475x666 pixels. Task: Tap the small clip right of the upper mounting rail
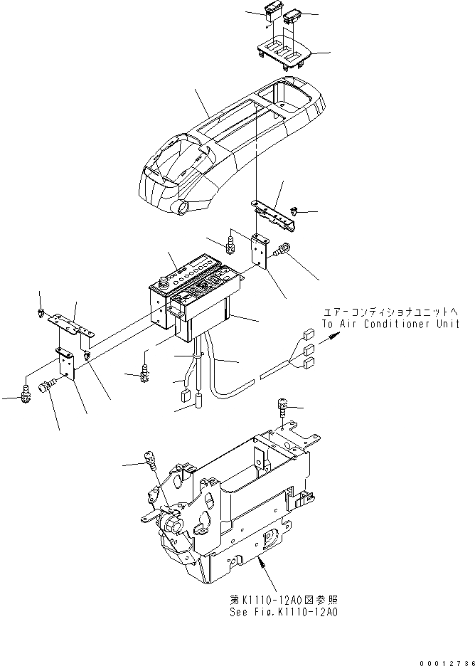tap(295, 211)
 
